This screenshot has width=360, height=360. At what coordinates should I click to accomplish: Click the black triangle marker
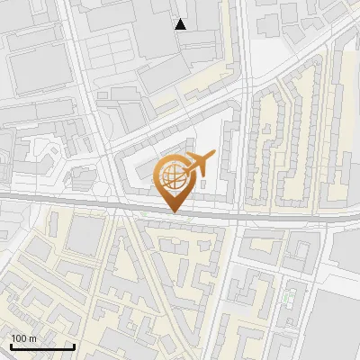181,24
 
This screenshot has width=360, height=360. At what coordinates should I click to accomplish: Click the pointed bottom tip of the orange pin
173,211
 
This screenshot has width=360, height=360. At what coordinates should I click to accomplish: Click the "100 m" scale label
24,338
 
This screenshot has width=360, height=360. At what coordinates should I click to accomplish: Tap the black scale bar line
42,347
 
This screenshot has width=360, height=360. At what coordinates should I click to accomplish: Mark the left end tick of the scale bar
11,346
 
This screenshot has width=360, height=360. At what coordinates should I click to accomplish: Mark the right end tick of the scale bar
74,346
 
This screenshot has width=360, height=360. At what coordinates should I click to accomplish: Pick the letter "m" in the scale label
32,338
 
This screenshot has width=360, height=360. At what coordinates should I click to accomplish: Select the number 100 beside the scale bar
20,338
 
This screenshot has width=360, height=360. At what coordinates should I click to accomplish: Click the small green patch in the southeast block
289,296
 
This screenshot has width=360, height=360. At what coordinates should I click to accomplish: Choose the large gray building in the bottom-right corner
337,328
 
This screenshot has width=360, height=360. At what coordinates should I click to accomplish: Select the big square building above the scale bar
86,236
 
